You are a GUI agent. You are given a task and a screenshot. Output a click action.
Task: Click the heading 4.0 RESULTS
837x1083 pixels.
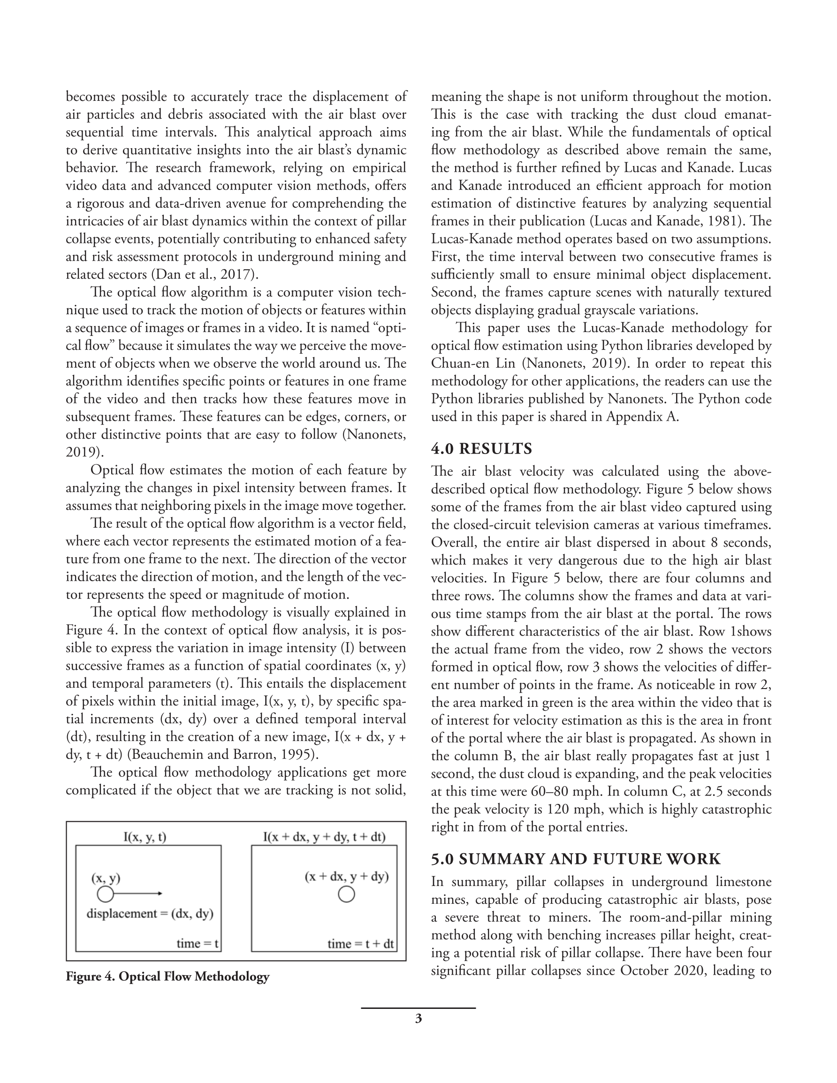(x=481, y=449)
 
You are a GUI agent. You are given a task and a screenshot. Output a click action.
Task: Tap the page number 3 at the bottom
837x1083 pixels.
(x=418, y=1019)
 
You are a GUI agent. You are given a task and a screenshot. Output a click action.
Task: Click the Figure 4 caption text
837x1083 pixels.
(x=167, y=977)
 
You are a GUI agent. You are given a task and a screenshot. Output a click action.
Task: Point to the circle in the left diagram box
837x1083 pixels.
(x=105, y=894)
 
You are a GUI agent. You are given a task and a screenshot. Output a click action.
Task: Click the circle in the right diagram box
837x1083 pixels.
(x=346, y=894)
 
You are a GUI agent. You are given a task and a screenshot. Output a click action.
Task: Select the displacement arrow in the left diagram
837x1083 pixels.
(x=139, y=894)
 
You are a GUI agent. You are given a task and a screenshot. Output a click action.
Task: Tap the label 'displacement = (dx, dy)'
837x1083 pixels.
(x=150, y=913)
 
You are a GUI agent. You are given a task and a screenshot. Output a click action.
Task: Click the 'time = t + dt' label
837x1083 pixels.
(x=361, y=943)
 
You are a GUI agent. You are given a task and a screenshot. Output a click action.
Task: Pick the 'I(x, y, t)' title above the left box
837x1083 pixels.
(x=145, y=837)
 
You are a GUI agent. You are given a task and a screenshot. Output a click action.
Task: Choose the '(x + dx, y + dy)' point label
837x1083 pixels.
(x=346, y=876)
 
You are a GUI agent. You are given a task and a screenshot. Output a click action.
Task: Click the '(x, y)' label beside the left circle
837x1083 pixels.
(x=106, y=878)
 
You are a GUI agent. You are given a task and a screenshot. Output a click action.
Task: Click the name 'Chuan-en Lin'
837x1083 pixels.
(x=473, y=363)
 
